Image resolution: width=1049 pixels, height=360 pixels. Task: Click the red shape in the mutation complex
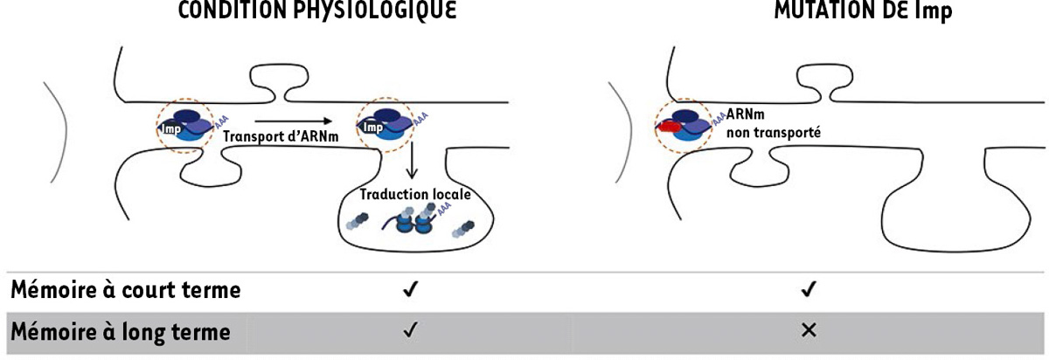[x=673, y=128]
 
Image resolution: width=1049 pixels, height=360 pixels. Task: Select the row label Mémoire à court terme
[x=124, y=290]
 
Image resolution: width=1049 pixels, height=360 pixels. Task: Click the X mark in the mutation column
[x=809, y=331]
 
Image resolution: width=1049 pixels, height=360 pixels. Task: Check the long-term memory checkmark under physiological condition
[x=409, y=331]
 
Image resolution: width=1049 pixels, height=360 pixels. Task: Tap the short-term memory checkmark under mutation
[x=809, y=290]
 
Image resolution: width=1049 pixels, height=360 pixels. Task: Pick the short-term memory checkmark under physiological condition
[x=409, y=290]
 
